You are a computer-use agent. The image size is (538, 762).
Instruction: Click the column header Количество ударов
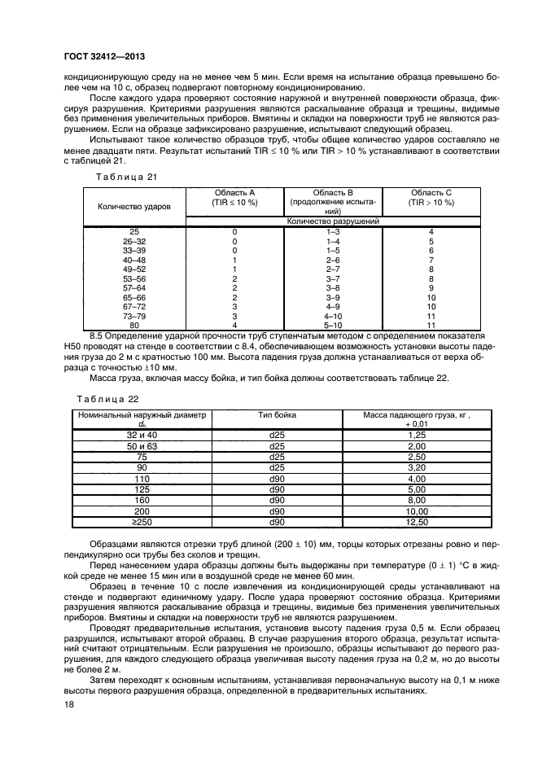point(134,207)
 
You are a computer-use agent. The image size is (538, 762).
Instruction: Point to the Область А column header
point(234,196)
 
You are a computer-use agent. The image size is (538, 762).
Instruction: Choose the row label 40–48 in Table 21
point(134,260)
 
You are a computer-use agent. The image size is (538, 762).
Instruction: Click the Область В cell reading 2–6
point(331,260)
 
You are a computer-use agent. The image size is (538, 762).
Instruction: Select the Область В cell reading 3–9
point(331,296)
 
